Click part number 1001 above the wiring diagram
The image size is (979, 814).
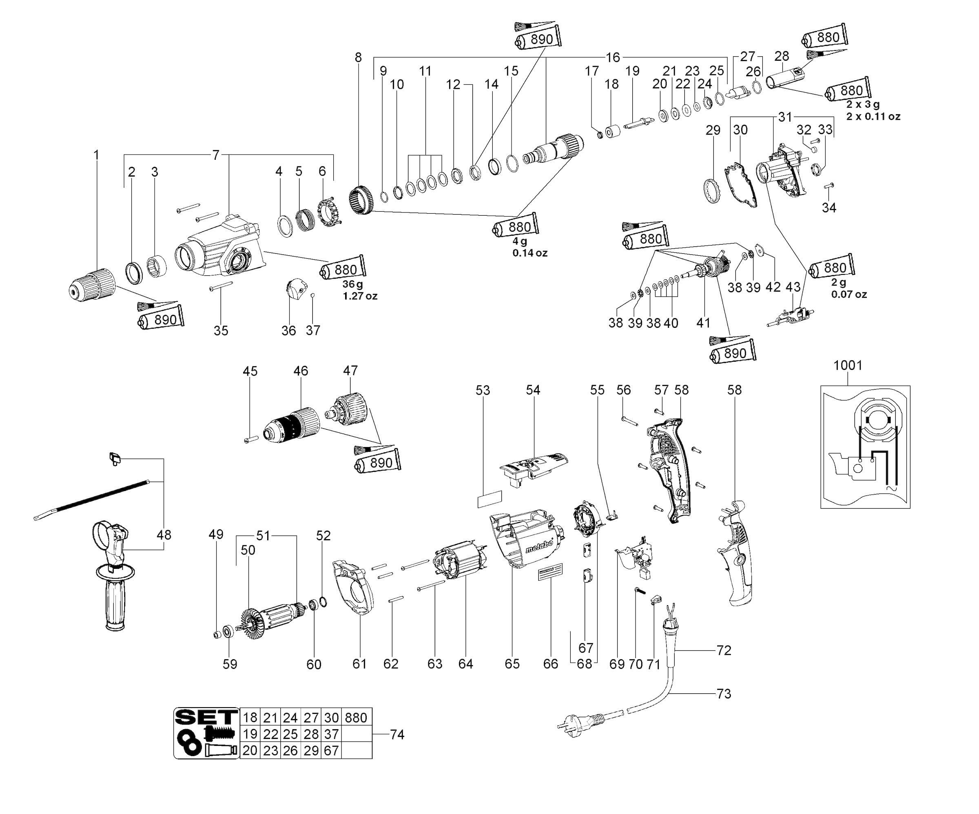(848, 365)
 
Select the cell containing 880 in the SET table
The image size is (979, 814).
(356, 717)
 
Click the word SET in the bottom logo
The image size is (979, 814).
(206, 717)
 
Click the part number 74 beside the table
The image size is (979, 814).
(397, 734)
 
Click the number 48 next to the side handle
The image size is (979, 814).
(164, 534)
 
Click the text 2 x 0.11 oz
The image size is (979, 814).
(873, 117)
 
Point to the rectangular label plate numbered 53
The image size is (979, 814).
(489, 499)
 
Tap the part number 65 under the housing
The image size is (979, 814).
(512, 664)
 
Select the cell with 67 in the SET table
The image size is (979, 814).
(331, 751)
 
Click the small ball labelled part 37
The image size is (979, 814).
(313, 294)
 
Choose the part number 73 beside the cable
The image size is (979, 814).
(724, 694)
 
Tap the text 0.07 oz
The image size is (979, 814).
(849, 294)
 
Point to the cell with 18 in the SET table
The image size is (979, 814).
(250, 717)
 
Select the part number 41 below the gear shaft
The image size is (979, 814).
(703, 323)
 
